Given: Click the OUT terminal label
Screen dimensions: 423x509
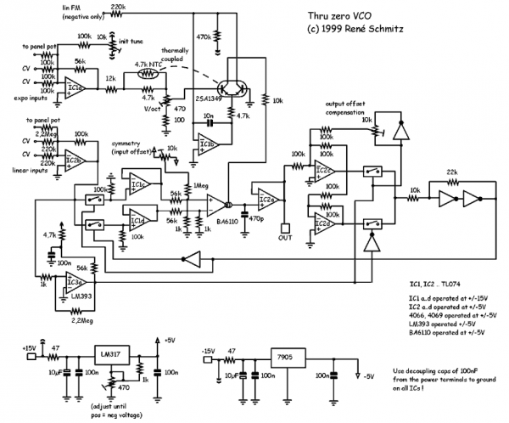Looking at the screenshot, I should (284, 239).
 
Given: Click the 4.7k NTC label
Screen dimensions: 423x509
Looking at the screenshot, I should (151, 65).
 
